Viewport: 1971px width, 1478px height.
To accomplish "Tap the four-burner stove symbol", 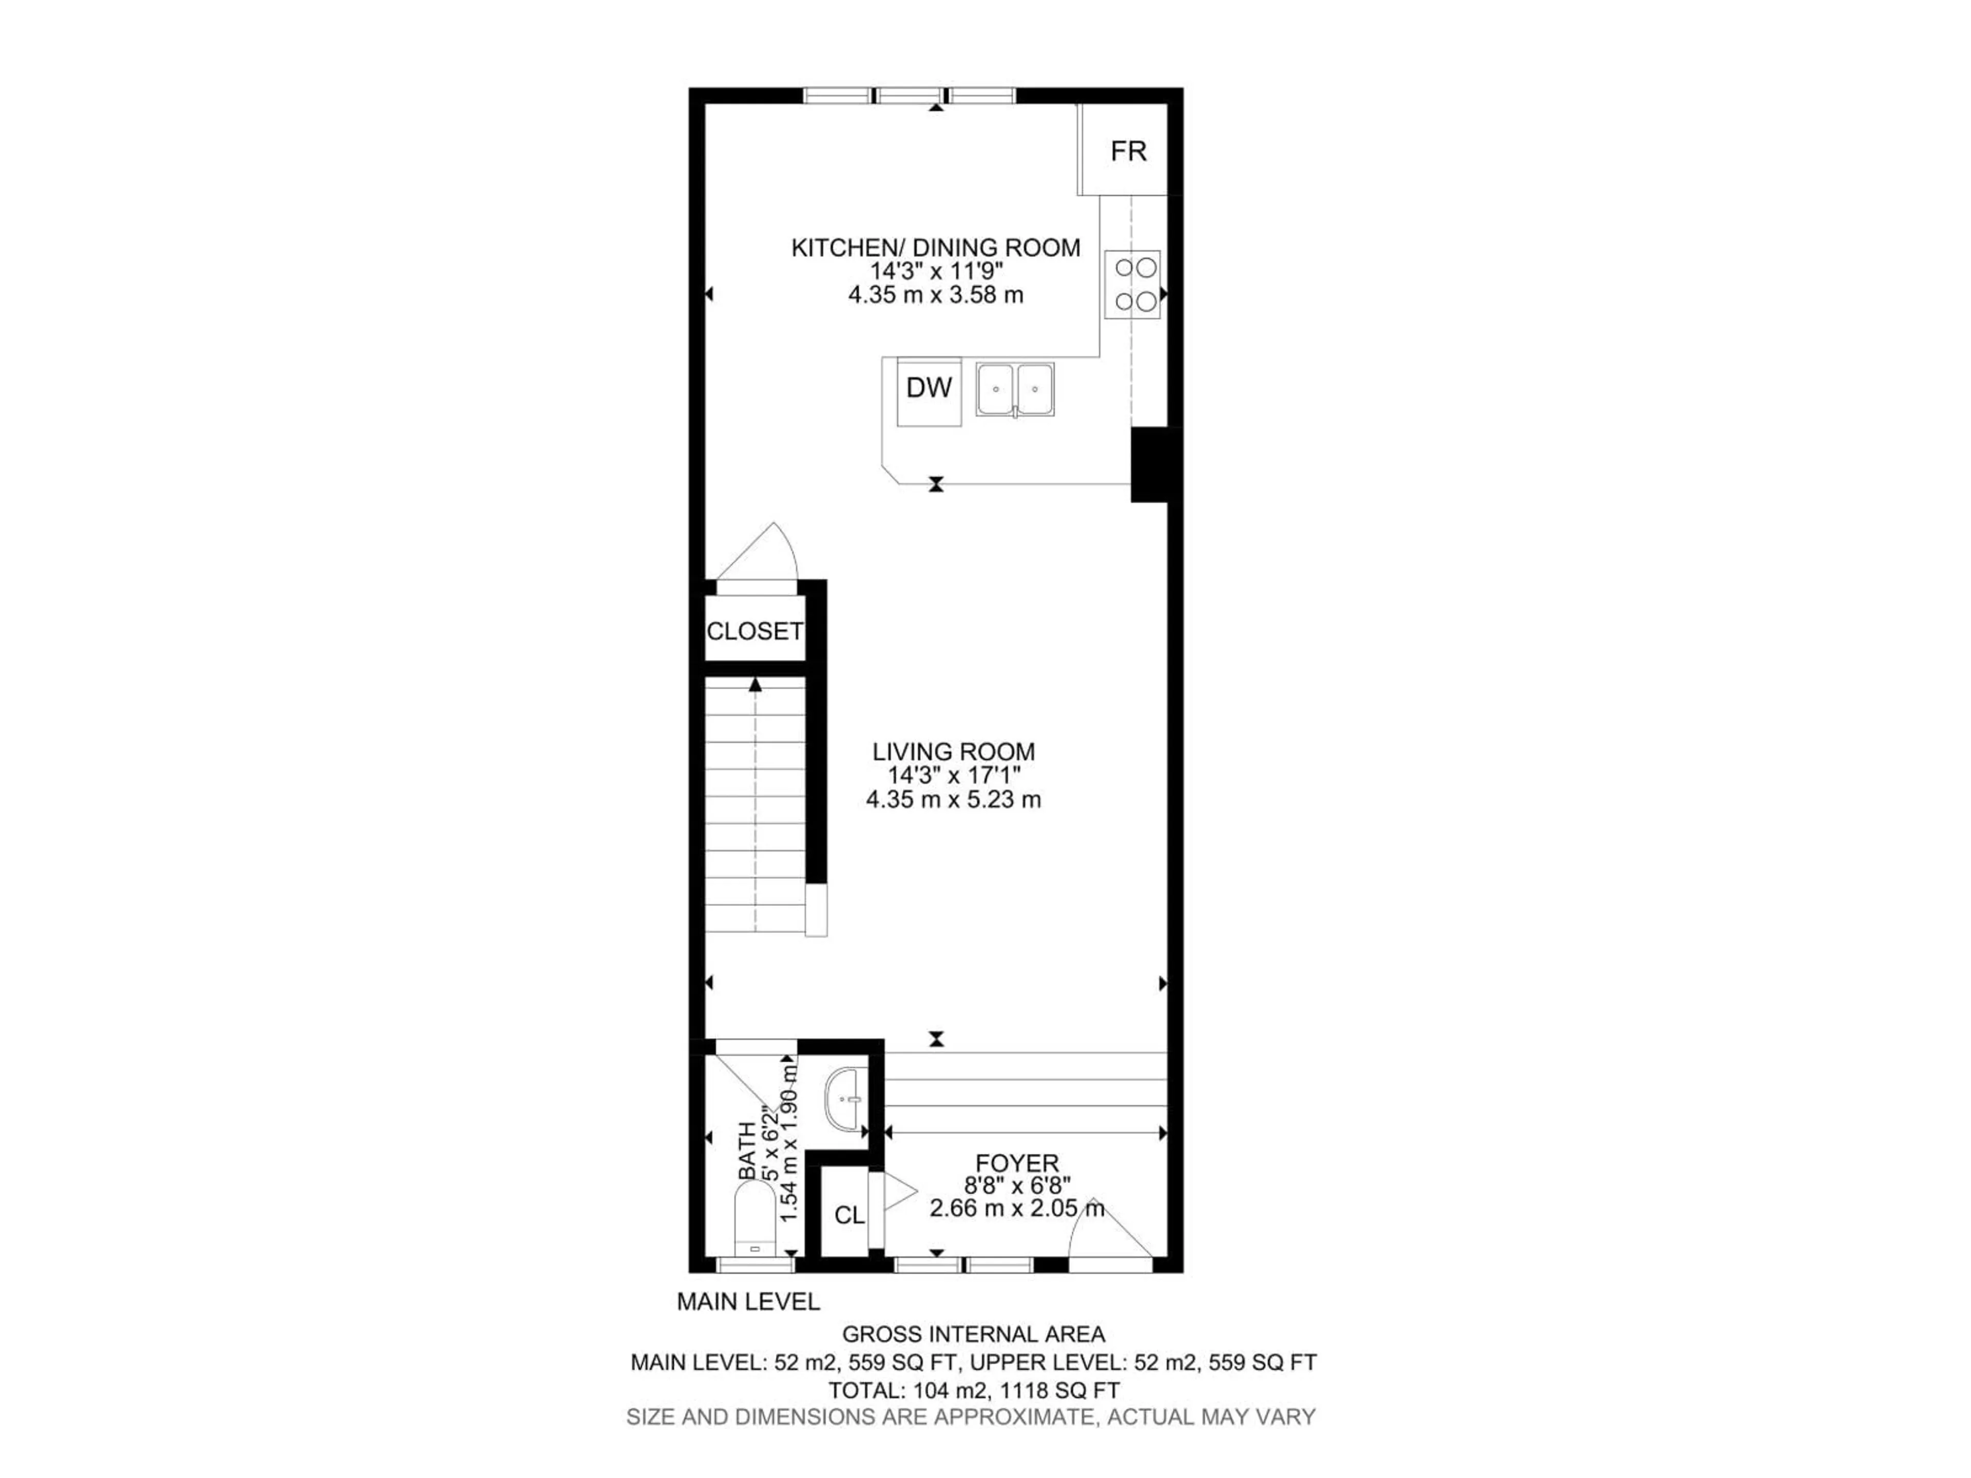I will [x=1132, y=284].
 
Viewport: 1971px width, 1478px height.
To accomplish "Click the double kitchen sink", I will [x=1015, y=390].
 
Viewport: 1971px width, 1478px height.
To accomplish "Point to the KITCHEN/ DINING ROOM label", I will [x=936, y=248].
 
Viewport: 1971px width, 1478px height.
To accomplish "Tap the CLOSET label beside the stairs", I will [x=755, y=632].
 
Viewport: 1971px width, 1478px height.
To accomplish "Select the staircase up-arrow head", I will [x=756, y=684].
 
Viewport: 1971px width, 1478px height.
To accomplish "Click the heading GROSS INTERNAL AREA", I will [x=973, y=1334].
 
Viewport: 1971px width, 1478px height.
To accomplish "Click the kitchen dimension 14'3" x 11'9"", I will [x=936, y=271].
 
